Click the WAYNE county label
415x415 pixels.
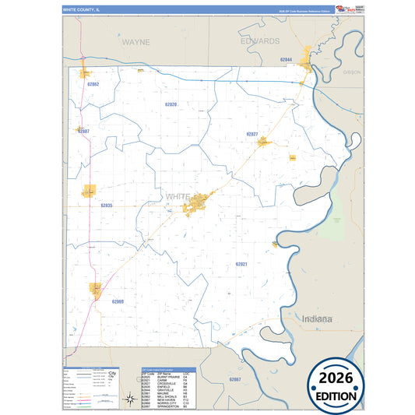coord(136,41)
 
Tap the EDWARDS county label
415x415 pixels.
coord(260,40)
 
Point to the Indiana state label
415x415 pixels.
coord(317,319)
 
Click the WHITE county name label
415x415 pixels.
coord(178,197)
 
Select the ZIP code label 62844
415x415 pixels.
coord(286,60)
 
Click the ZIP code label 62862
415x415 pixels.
coord(93,83)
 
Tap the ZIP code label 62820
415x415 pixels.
coord(171,104)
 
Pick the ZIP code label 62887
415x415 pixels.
coord(84,132)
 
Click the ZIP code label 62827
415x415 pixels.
coord(251,135)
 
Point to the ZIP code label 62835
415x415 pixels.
coord(107,205)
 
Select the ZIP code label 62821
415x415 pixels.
coord(241,264)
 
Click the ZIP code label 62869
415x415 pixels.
coord(118,301)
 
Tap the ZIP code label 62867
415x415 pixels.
coord(235,378)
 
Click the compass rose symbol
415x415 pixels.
coord(130,400)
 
